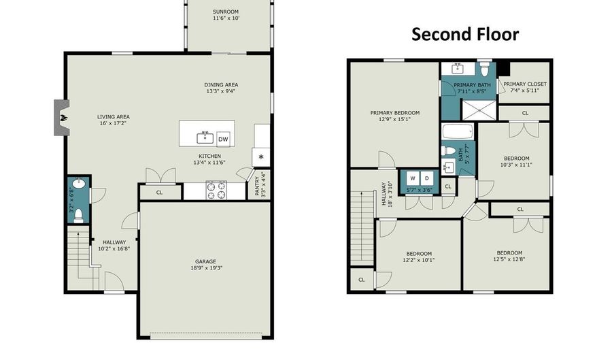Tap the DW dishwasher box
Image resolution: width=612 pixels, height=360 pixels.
click(x=223, y=139)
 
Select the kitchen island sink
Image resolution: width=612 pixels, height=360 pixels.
click(x=205, y=138)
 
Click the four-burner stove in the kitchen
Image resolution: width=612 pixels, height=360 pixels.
click(x=216, y=190)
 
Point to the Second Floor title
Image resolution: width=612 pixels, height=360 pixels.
click(x=465, y=34)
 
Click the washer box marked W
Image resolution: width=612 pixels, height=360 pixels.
click(x=413, y=178)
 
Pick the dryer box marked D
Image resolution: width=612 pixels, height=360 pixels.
click(x=427, y=178)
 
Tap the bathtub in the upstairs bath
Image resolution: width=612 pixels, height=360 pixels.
click(x=458, y=131)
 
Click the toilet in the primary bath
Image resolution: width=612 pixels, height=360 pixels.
click(x=485, y=69)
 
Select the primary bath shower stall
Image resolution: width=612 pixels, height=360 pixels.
click(x=479, y=110)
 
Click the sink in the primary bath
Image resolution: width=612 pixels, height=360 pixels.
click(x=458, y=69)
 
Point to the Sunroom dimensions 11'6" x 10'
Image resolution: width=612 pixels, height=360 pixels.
click(x=226, y=18)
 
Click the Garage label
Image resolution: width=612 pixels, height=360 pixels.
click(x=205, y=261)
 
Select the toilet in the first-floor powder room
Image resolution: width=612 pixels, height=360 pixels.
click(x=78, y=216)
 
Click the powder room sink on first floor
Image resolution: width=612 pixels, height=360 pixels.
click(x=79, y=183)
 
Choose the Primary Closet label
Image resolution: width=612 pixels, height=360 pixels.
click(x=525, y=84)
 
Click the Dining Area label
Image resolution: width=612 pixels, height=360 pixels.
click(x=221, y=85)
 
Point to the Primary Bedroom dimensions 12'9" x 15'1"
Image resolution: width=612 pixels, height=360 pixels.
click(x=395, y=119)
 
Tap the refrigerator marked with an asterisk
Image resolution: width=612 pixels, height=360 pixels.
click(x=261, y=157)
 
